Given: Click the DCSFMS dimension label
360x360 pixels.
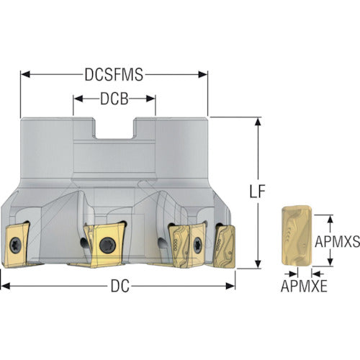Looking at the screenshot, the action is (114, 74).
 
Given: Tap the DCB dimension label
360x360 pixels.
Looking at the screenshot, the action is (114, 99).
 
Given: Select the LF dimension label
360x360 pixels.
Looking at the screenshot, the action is (258, 192).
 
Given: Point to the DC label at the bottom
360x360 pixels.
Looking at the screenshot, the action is (120, 286).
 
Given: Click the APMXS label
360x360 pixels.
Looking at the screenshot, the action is (337, 241).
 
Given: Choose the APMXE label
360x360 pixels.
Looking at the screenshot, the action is (304, 286).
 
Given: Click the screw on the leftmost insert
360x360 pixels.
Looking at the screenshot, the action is (15, 246).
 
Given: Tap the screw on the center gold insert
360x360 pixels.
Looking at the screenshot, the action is (107, 245).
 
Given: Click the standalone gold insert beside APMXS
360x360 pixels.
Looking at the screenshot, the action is (297, 236).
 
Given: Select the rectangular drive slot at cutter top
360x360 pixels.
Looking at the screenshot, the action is (114, 128).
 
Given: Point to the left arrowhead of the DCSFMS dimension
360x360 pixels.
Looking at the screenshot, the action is (25, 74).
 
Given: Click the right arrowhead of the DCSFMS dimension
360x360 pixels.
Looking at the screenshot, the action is (203, 74).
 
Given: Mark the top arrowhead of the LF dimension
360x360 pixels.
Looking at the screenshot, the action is (258, 122).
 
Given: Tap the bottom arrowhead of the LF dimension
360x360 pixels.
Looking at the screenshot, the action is (258, 264).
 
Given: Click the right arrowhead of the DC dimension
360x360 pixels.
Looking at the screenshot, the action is (230, 286).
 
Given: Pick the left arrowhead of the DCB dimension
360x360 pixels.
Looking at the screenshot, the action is (78, 99).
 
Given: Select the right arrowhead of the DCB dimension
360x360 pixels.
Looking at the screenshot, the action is (150, 99).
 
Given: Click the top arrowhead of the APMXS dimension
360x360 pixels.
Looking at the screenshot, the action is (330, 219).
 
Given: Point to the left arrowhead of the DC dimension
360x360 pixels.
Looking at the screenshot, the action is (5, 286).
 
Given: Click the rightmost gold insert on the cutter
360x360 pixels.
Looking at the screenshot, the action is (225, 246).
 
